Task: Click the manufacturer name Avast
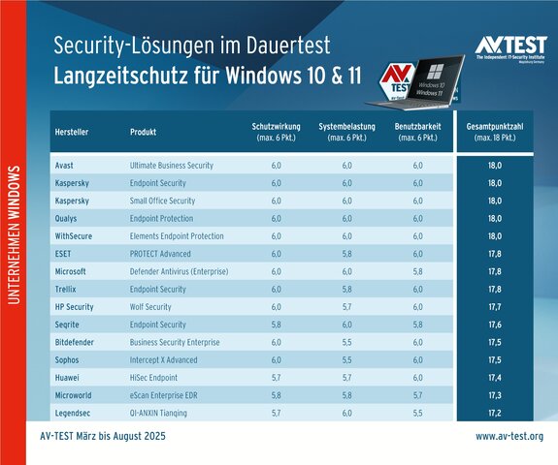pos(67,166)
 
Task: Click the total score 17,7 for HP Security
pos(494,307)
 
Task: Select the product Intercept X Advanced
pos(163,360)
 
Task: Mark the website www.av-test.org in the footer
pos(509,437)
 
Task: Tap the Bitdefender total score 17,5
pos(494,343)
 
